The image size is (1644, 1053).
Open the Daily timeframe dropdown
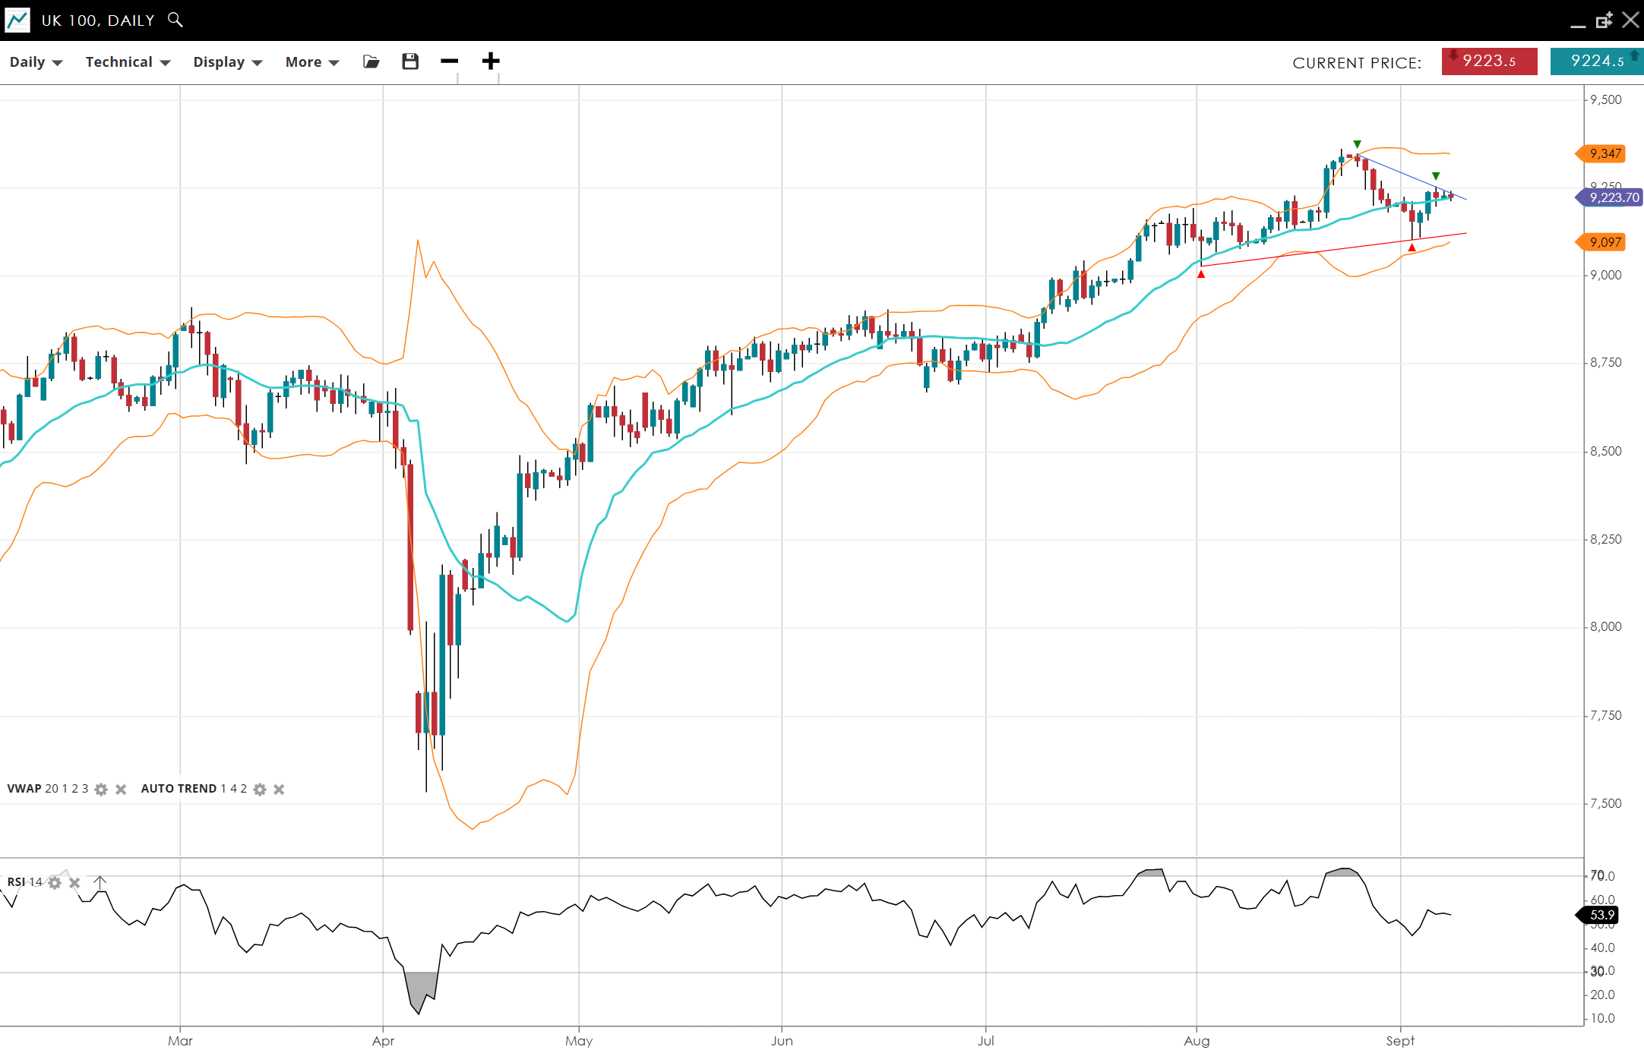36,62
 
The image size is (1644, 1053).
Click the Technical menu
127,62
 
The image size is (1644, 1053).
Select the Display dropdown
227,62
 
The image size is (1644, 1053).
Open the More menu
311,62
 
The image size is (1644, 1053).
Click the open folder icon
371,61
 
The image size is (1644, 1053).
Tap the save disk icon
410,61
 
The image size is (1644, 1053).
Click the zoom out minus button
450,61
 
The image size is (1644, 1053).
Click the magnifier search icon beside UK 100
175,20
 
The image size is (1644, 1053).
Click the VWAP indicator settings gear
101,790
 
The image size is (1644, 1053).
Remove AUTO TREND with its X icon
279,790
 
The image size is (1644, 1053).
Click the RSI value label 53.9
1601,916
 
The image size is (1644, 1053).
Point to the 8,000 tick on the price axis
1605,627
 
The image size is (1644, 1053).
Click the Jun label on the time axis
782,1041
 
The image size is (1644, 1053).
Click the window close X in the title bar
1630,20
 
